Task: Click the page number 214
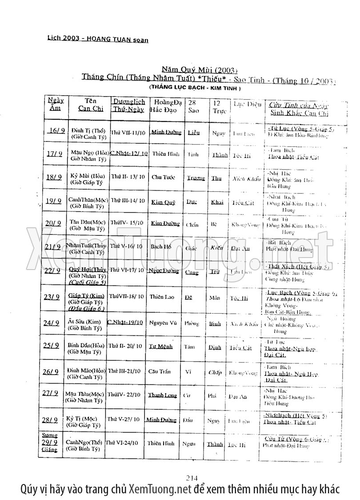pos(192,478)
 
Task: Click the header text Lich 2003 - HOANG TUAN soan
pos(98,39)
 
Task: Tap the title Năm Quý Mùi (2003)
pos(200,70)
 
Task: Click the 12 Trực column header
pos(216,105)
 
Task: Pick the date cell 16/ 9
pos(56,130)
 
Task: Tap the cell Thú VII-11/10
pos(128,133)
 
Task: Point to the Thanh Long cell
pos(162,395)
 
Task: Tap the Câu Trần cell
pos(161,371)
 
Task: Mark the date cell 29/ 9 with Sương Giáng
pos(50,443)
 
